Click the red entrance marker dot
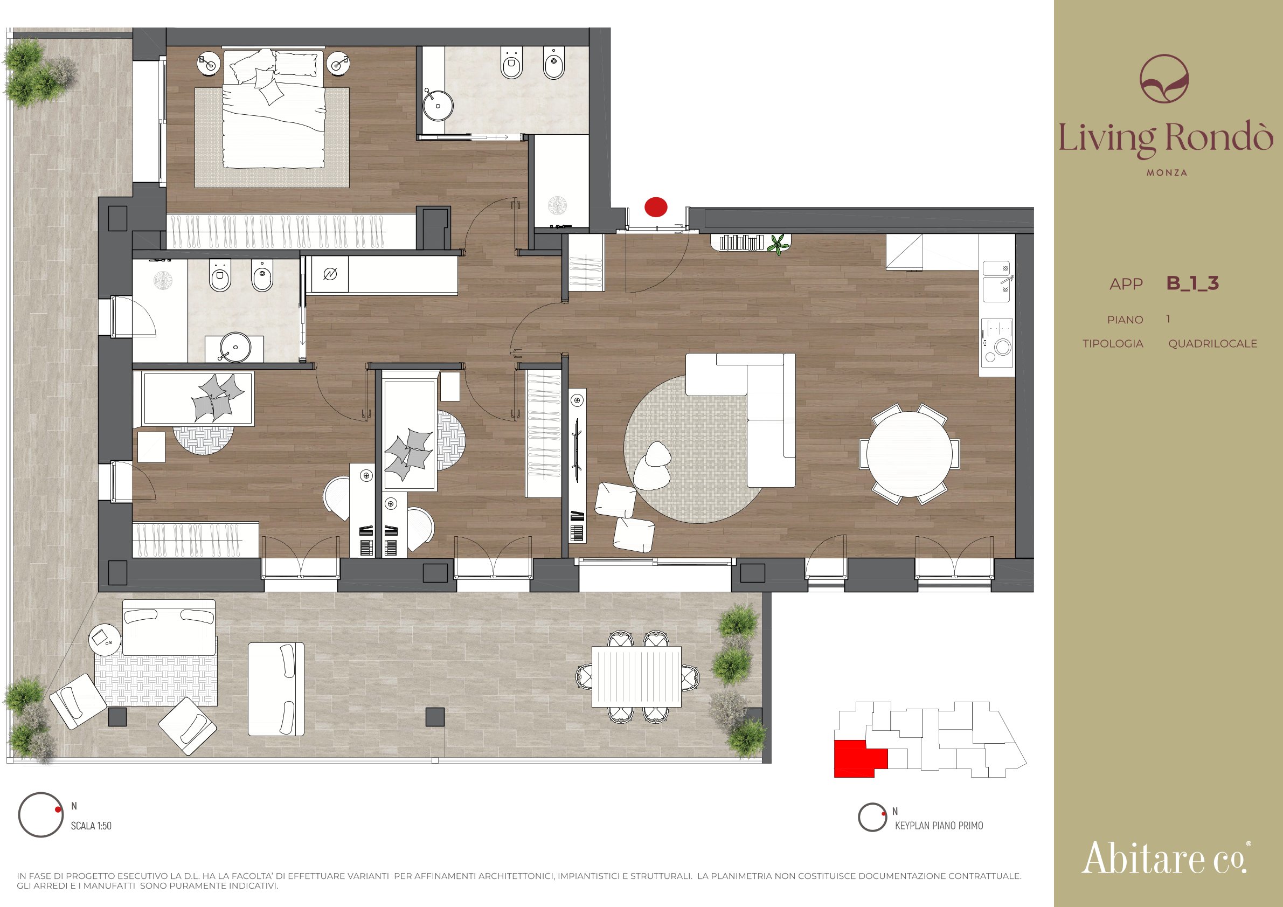click(655, 207)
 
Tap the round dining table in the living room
click(910, 454)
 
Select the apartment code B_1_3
click(1192, 283)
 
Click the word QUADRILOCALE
click(1212, 344)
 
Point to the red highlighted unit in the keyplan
click(855, 758)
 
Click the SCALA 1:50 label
click(91, 826)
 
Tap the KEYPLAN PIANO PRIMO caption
click(939, 826)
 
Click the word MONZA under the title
click(1167, 172)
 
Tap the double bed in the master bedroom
click(274, 109)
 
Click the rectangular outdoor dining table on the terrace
click(636, 676)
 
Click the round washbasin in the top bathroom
click(438, 104)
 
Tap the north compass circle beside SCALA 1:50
click(41, 815)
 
